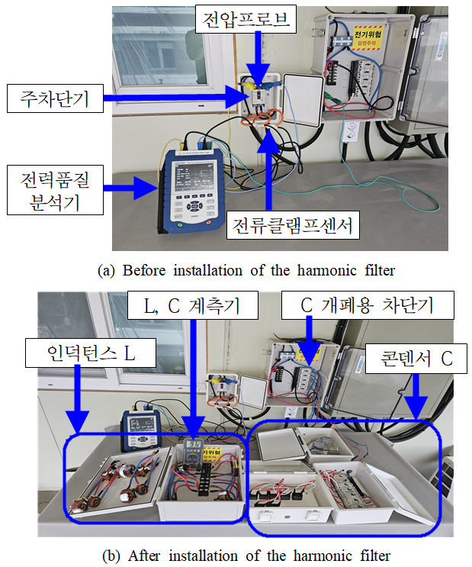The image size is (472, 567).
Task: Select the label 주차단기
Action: (x=55, y=99)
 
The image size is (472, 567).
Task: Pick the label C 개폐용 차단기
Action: (x=368, y=307)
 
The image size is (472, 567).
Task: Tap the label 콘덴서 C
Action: (x=415, y=359)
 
